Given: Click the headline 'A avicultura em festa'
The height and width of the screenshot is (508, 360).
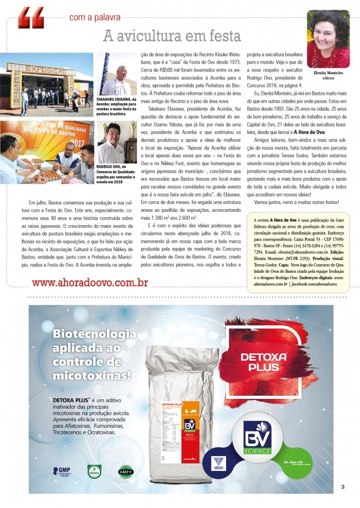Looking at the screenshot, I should point(172,36).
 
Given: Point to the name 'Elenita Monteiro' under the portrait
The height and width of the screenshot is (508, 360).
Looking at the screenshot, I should point(328,73).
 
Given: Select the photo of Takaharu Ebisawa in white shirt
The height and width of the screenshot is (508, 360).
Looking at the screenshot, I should point(115,74).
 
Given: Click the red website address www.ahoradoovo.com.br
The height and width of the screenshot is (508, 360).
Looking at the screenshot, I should point(89,282).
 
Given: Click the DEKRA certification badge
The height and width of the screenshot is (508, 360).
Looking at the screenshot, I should point(94,471).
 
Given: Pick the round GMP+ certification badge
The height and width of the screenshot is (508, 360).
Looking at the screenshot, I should point(125,471).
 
